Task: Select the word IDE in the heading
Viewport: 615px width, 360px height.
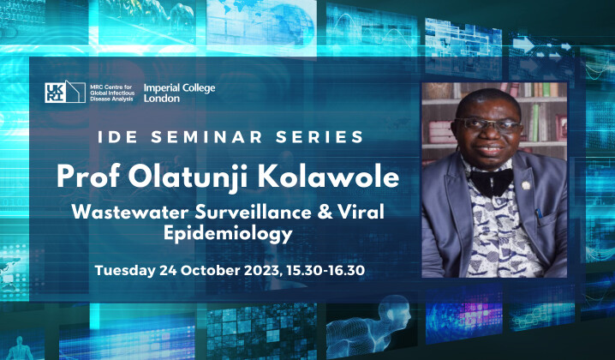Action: point(116,137)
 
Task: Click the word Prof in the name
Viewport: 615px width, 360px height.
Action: point(87,176)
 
